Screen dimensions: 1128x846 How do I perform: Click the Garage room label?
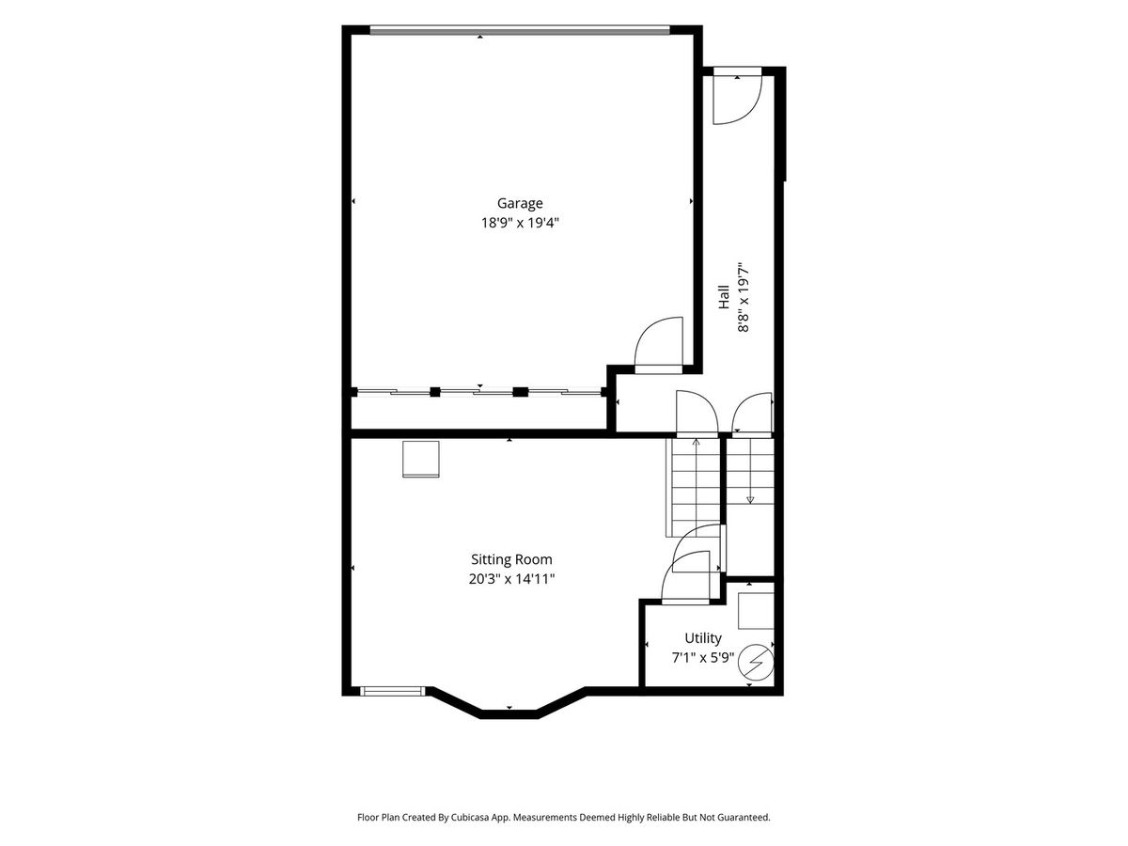pyautogui.click(x=520, y=203)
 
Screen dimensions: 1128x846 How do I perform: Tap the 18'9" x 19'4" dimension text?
pyautogui.click(x=520, y=223)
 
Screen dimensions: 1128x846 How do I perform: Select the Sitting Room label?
pyautogui.click(x=511, y=559)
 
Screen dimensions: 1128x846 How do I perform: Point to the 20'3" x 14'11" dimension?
pyautogui.click(x=511, y=579)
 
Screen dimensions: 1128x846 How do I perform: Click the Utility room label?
pyautogui.click(x=702, y=638)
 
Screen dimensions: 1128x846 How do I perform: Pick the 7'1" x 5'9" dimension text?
pyautogui.click(x=702, y=658)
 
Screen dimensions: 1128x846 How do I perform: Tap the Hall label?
pyautogui.click(x=723, y=297)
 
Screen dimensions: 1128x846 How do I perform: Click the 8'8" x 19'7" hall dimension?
pyautogui.click(x=744, y=299)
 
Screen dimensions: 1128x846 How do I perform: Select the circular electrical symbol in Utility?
pyautogui.click(x=756, y=663)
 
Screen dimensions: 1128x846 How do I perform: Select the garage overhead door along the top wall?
pyautogui.click(x=520, y=31)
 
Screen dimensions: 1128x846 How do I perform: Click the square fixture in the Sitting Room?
pyautogui.click(x=421, y=460)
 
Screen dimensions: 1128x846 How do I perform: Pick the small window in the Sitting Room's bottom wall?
pyautogui.click(x=393, y=691)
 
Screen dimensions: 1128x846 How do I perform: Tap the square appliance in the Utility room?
pyautogui.click(x=756, y=611)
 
